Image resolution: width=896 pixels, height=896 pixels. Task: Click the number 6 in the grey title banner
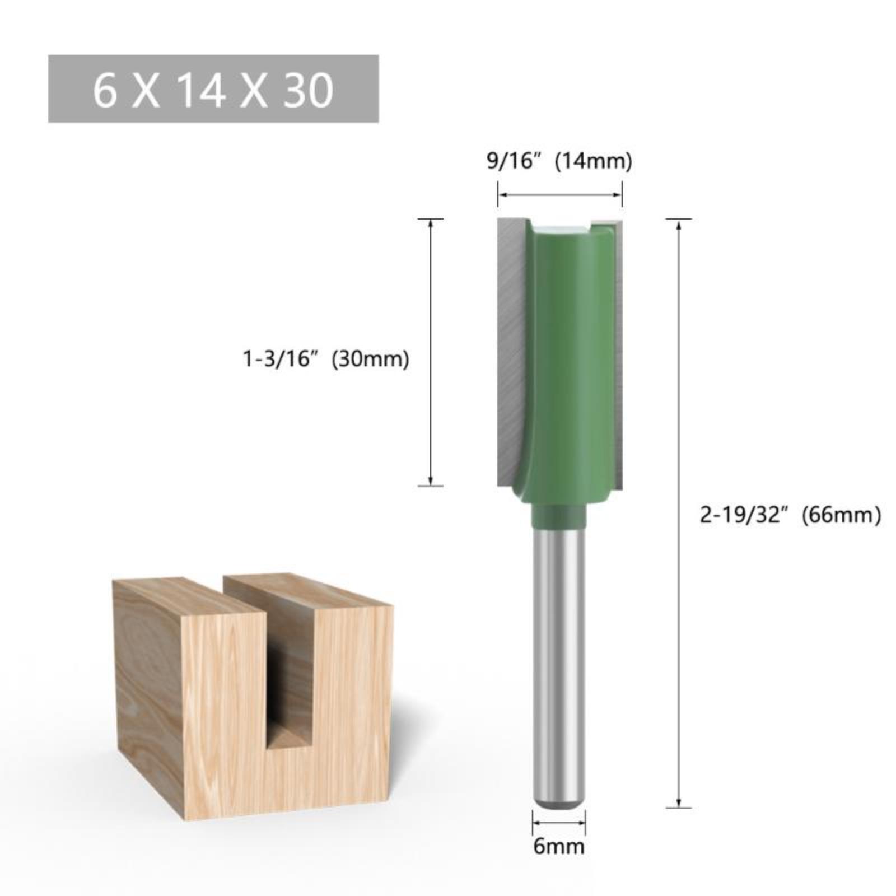coord(105,90)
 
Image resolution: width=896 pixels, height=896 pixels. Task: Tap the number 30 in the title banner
coord(309,90)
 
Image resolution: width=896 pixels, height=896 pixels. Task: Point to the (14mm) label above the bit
coord(593,161)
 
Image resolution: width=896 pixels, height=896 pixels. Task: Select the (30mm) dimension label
coord(371,358)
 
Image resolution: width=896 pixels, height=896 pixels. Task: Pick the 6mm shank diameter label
coord(559,846)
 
